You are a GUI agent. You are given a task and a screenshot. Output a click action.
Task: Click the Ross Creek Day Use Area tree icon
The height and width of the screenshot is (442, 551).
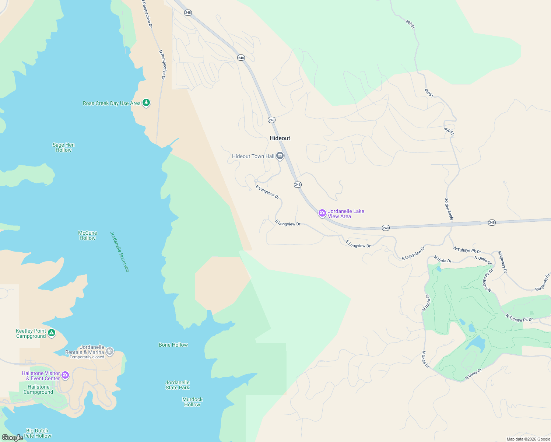point(146,103)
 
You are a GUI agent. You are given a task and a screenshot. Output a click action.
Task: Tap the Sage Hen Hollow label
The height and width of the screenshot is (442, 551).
point(64,147)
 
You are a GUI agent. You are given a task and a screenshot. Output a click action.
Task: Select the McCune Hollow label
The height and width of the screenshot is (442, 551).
point(88,235)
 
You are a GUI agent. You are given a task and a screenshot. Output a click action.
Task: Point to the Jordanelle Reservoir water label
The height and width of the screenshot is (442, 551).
point(120,252)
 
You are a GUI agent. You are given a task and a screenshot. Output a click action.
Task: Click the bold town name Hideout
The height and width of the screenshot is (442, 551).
point(280,138)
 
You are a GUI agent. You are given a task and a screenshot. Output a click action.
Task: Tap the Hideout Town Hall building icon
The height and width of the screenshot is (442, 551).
point(280,156)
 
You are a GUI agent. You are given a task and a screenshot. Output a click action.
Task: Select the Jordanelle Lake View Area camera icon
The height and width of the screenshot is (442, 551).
point(322,213)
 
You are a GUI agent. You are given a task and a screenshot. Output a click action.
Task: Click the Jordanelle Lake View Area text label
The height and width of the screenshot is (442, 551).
point(346,214)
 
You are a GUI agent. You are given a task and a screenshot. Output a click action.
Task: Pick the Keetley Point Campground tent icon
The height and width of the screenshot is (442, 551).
point(52,333)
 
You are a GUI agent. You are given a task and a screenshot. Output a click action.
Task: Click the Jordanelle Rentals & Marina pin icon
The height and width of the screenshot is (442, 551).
point(109,351)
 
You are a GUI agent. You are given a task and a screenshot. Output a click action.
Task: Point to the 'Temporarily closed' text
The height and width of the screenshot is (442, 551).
point(87,357)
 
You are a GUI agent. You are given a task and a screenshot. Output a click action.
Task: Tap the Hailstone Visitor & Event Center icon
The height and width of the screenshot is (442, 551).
point(65,375)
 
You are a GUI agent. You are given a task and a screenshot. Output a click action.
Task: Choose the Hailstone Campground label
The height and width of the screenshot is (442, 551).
point(38,389)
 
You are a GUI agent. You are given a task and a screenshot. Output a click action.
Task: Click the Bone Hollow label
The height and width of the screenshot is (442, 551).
point(173,345)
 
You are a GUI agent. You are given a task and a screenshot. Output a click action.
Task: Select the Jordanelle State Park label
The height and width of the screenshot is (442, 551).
point(178,385)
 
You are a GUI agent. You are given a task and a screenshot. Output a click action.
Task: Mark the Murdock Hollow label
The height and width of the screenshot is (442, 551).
point(192,402)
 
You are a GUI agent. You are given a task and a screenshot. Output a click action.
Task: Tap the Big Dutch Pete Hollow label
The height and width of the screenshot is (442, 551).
point(37,433)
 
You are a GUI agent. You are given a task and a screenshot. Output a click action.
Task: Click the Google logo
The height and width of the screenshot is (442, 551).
point(12,438)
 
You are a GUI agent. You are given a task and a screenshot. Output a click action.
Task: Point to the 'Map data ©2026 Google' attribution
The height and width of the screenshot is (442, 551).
point(528,439)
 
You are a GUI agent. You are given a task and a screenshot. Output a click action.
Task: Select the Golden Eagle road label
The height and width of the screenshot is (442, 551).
point(449,209)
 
